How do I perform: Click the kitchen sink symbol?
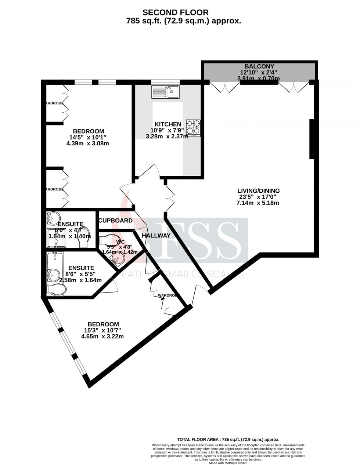point(165,91)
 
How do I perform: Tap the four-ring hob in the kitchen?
point(193,127)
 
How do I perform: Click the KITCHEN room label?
point(168,124)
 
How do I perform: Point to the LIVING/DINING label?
point(258,191)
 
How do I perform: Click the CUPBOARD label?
point(115,221)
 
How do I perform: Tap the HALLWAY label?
point(156,236)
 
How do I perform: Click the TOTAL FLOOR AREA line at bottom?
point(228,439)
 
